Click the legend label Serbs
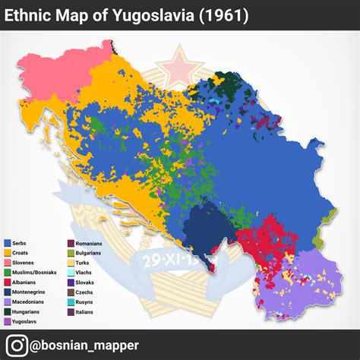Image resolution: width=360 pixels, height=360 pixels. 22,242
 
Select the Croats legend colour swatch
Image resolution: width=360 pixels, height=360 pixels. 7,252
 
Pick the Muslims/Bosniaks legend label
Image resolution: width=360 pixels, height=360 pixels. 35,272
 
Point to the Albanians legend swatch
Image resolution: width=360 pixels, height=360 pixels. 7,282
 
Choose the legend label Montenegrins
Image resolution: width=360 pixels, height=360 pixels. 31,292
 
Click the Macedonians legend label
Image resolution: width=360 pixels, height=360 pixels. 30,302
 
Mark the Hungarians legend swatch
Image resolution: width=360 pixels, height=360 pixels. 7,311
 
